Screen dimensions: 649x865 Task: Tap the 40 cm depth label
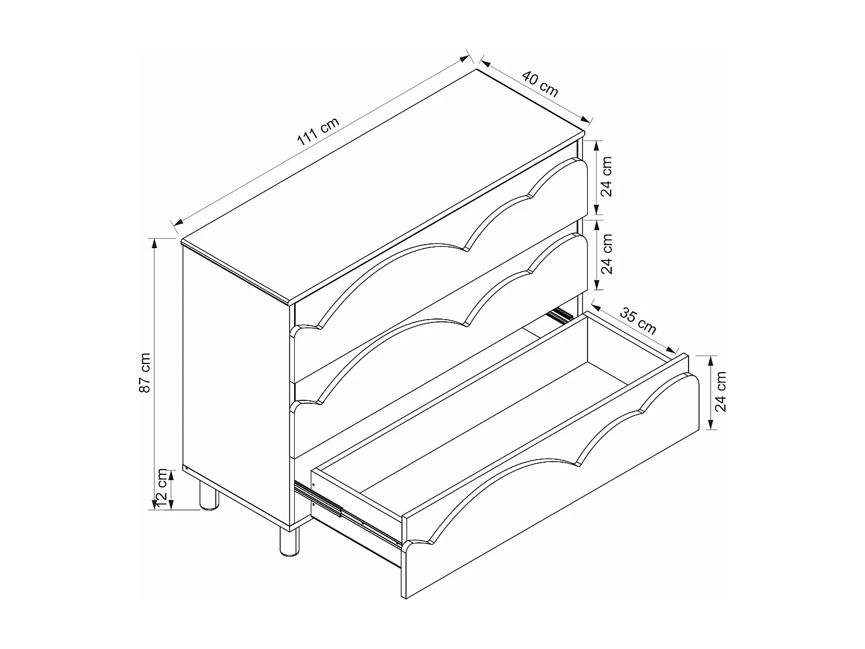pos(540,84)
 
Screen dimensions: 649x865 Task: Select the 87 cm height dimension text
pos(145,373)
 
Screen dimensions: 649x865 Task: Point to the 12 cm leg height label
pos(163,488)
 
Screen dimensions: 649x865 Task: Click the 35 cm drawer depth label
pos(638,321)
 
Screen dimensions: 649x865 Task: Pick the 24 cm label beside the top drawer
pos(606,177)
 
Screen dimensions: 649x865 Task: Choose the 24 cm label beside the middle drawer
pos(606,254)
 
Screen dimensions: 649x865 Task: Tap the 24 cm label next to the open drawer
pos(720,391)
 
